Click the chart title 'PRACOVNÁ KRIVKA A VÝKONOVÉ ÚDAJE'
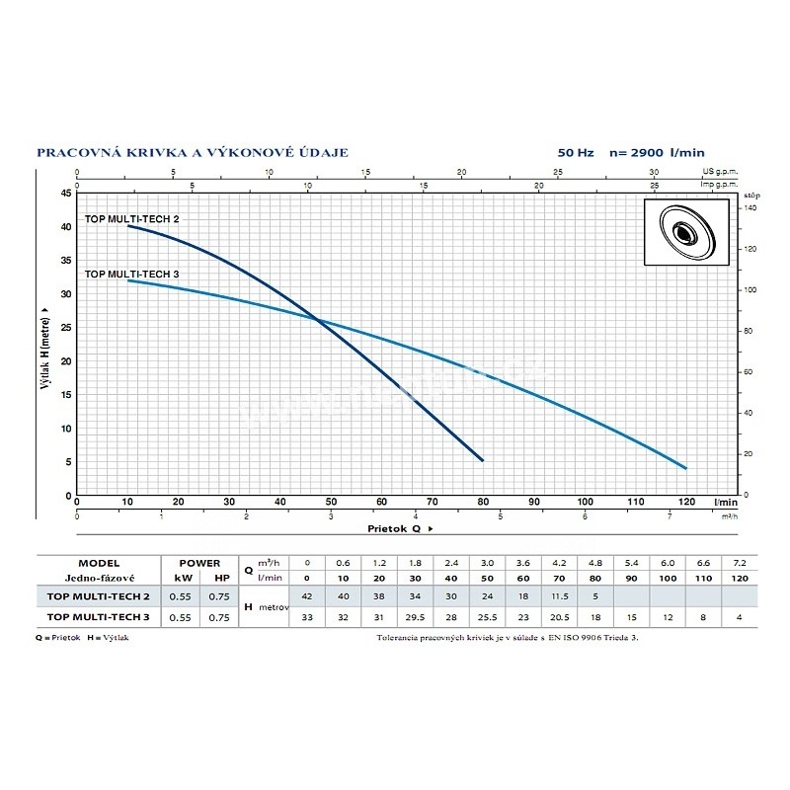tap(192, 153)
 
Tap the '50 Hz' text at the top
tap(578, 153)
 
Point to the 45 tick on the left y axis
tap(66, 194)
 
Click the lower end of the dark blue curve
tap(482, 460)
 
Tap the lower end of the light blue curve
tap(685, 467)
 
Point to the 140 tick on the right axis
tap(750, 209)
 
